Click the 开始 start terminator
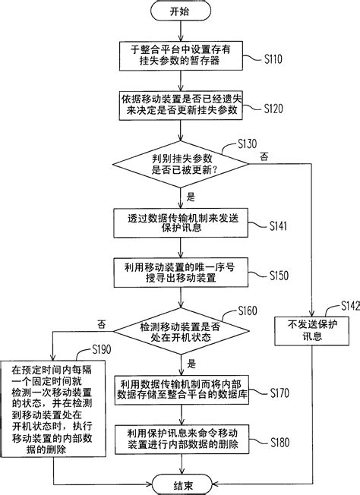click(179, 13)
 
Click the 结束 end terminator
click(179, 481)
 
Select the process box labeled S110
click(179, 55)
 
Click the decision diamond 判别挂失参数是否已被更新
click(179, 164)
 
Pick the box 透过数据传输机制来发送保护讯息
click(179, 222)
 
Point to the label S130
click(248, 143)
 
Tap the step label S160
click(248, 311)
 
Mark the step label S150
click(278, 276)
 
